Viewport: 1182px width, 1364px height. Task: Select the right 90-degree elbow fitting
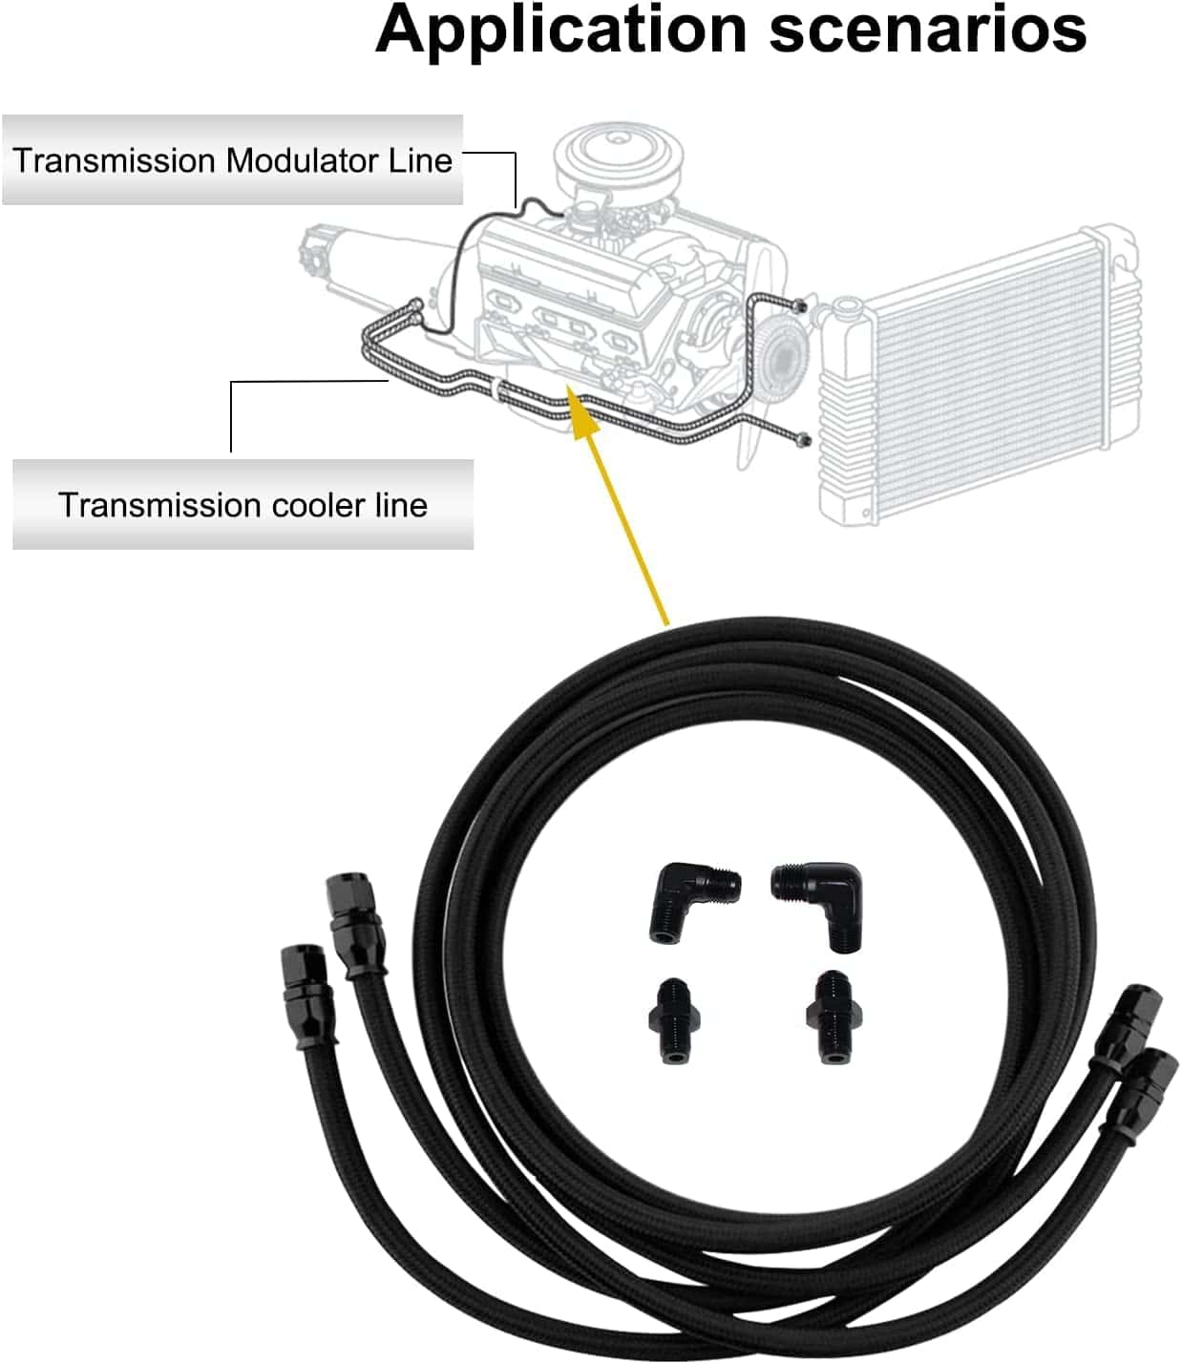click(820, 903)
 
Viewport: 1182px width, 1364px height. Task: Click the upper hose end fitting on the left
click(354, 921)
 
